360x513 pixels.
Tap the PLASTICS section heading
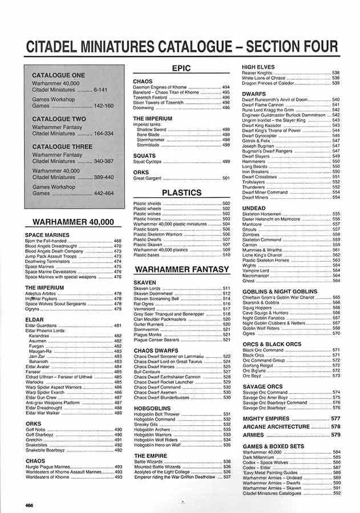pos(181,193)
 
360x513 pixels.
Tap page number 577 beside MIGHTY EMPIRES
pos(335,419)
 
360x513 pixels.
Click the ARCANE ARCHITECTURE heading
pos(276,427)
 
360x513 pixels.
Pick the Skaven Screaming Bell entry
pos(156,299)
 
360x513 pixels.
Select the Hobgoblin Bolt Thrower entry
pos(157,414)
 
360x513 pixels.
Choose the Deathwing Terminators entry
pos(47,261)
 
